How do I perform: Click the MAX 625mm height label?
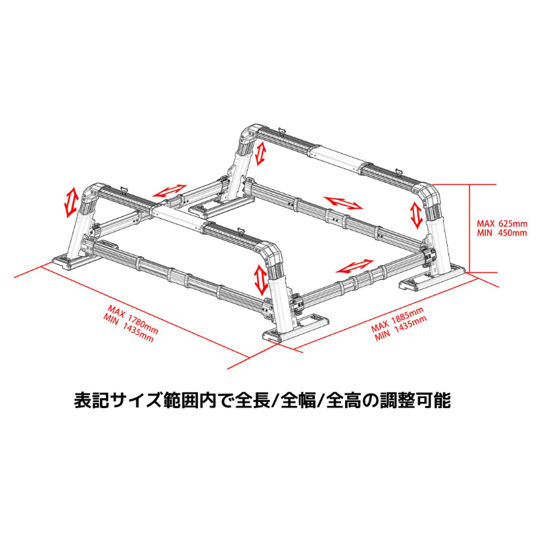tap(502, 222)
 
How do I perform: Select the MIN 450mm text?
tap(502, 233)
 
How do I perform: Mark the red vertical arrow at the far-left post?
tap(69, 203)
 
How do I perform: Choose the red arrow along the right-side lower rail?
tap(354, 266)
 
